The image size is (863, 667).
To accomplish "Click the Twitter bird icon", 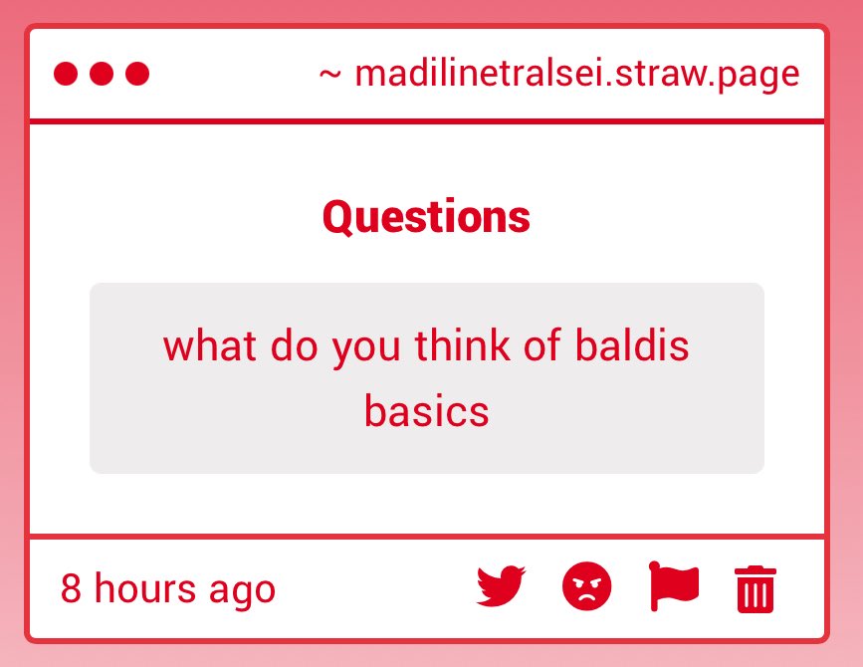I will click(501, 586).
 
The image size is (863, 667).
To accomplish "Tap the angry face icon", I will click(587, 586).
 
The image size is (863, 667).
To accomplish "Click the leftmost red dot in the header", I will click(66, 74).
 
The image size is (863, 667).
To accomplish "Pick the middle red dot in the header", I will click(102, 74).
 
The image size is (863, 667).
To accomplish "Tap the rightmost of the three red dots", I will click(137, 74).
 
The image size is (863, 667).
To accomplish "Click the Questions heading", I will click(426, 217).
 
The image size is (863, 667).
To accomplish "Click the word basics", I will click(426, 410).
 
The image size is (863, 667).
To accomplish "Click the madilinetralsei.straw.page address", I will click(577, 74).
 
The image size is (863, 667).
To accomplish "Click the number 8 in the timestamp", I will click(71, 588).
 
